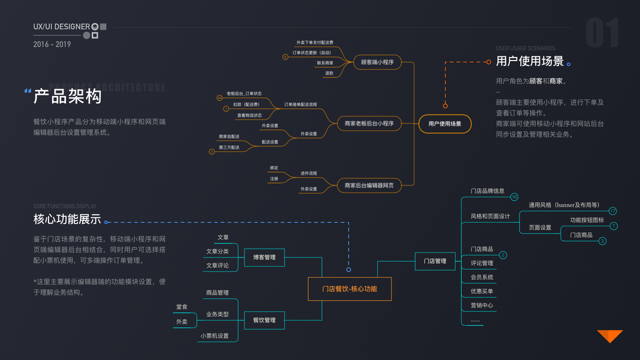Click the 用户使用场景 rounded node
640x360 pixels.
[x=444, y=124]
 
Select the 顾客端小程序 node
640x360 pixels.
[x=377, y=62]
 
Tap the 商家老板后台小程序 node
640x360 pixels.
[x=369, y=124]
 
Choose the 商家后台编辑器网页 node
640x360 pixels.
[x=369, y=185]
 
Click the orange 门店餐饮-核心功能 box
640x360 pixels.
[x=350, y=289]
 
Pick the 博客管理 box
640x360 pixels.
[x=264, y=257]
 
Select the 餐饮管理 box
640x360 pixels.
[x=264, y=320]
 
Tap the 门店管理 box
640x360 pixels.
[x=435, y=261]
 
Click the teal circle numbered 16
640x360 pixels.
[x=514, y=197]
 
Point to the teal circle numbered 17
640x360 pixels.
[x=612, y=211]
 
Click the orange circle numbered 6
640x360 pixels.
[x=286, y=57]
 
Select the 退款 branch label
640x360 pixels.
[x=329, y=73]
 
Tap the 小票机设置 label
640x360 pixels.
[x=215, y=336]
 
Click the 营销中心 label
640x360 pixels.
[x=482, y=305]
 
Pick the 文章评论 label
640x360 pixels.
[x=217, y=265]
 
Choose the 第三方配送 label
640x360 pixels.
[x=229, y=148]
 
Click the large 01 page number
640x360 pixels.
[x=602, y=33]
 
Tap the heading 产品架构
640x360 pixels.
[x=67, y=96]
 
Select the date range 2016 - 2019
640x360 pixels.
[x=52, y=44]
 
